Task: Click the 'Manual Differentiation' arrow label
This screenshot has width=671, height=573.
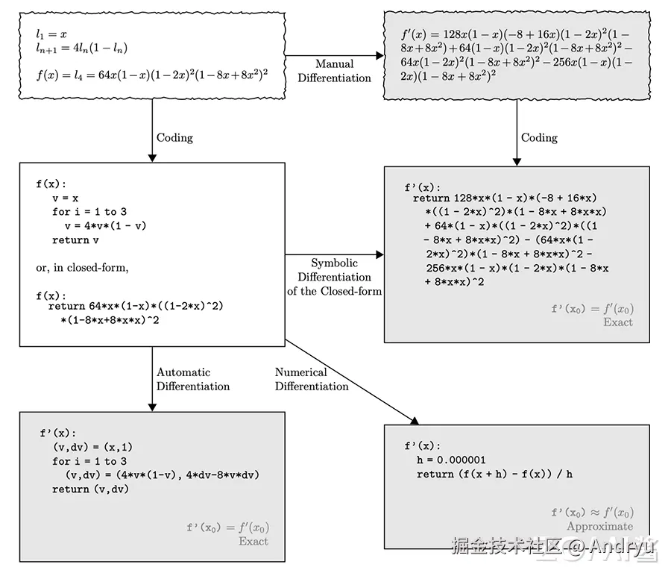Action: [x=334, y=71]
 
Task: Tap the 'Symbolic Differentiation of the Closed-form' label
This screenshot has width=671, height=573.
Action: [x=334, y=277]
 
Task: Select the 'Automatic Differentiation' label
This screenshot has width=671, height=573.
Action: [x=193, y=379]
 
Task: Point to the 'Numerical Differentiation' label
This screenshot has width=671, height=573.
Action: [x=312, y=379]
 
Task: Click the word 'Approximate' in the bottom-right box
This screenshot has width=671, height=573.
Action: [x=600, y=526]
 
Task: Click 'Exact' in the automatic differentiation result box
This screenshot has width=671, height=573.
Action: [x=253, y=541]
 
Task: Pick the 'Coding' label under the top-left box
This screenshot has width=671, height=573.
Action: [x=174, y=137]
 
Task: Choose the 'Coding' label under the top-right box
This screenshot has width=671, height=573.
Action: [x=539, y=137]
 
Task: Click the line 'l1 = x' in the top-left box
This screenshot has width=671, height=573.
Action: [x=51, y=34]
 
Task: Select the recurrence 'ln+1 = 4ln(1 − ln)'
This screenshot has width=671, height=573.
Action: [x=82, y=48]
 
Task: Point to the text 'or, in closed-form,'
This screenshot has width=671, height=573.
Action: [x=82, y=268]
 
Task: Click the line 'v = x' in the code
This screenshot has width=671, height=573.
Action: [x=66, y=198]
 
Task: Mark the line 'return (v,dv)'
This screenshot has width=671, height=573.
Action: [x=90, y=489]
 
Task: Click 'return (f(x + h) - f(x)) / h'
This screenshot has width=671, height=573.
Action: [x=495, y=474]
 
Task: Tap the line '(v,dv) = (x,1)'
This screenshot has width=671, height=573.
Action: [x=93, y=447]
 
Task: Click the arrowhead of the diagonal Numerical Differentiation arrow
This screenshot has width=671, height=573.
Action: [x=415, y=421]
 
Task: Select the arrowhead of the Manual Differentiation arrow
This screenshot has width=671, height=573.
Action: [x=379, y=56]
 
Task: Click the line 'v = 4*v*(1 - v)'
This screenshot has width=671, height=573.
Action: [x=106, y=225]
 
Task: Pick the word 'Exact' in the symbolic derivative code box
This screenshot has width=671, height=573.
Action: [x=618, y=322]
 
